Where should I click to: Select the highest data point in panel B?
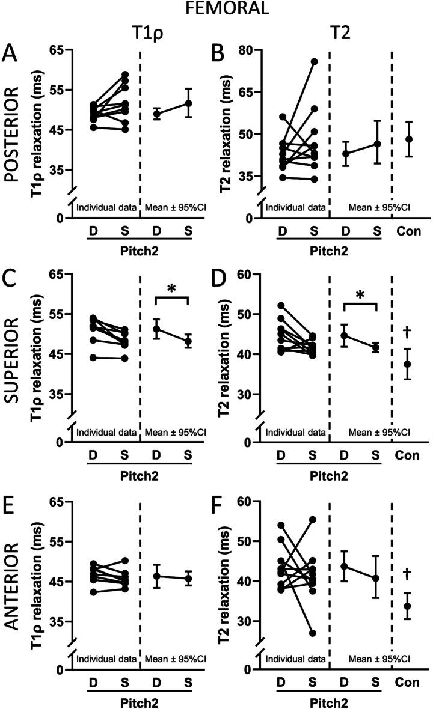coord(314,62)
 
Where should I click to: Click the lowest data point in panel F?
coord(314,633)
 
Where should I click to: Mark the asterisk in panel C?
coord(171,288)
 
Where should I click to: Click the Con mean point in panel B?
coord(409,139)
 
